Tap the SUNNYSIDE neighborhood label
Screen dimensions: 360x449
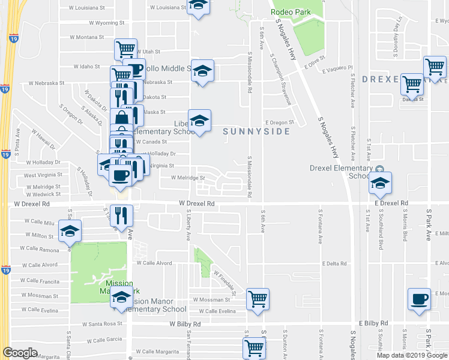256,131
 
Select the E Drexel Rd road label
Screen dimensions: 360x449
391,204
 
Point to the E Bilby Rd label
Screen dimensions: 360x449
373,323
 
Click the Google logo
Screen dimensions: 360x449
20,353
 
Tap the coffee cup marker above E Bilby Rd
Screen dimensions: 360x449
419,298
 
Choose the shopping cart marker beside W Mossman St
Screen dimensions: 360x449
258,298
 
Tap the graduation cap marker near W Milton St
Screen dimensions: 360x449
71,231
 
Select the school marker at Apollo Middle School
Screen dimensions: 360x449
203,70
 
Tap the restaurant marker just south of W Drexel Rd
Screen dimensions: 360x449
122,215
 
